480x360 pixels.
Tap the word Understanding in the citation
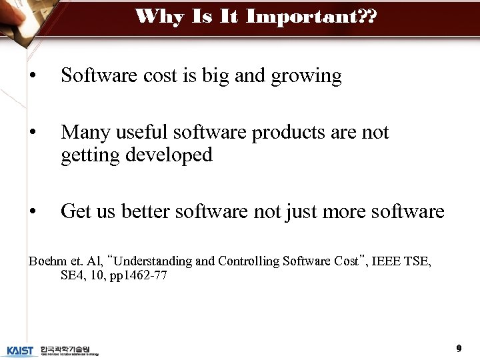[152, 261]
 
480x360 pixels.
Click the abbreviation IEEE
[385, 261]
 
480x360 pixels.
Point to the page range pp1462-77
[142, 275]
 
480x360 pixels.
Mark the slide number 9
[459, 348]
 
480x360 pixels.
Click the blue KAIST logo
[20, 351]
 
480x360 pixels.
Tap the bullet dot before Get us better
[32, 213]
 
